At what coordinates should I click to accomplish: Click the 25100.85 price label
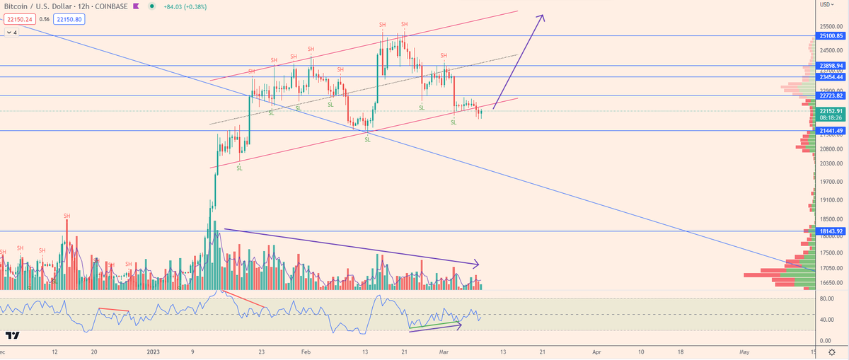click(x=830, y=35)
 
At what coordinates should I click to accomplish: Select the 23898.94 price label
click(x=830, y=65)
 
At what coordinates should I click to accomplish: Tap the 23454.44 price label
click(x=830, y=76)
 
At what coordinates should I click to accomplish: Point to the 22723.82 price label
click(x=830, y=95)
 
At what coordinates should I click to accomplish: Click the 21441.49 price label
click(x=830, y=131)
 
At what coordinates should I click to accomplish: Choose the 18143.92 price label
click(x=830, y=231)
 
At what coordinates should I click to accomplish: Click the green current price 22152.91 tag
click(x=830, y=111)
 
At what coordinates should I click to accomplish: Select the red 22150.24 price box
click(x=19, y=19)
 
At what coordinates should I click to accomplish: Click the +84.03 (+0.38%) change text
click(x=185, y=6)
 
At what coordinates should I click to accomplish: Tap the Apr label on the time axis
click(x=596, y=352)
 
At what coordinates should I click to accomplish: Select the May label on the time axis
click(x=744, y=352)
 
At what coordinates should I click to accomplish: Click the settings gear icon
click(x=832, y=352)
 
